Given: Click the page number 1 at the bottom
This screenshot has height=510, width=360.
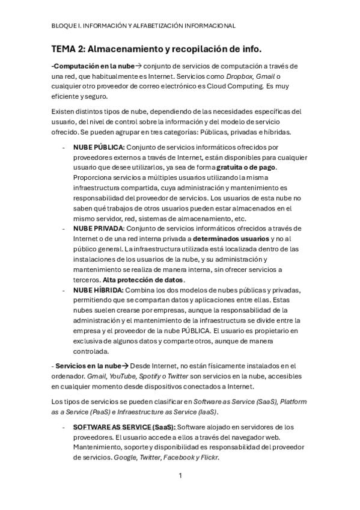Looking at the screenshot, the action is (180, 475).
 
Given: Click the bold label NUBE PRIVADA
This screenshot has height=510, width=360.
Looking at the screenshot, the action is (99, 229).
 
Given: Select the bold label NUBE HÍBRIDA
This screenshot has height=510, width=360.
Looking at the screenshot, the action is (99, 290).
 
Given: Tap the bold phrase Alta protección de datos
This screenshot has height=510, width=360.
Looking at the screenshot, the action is (144, 280).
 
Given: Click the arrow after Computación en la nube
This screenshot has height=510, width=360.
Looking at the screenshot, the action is (139, 66).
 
